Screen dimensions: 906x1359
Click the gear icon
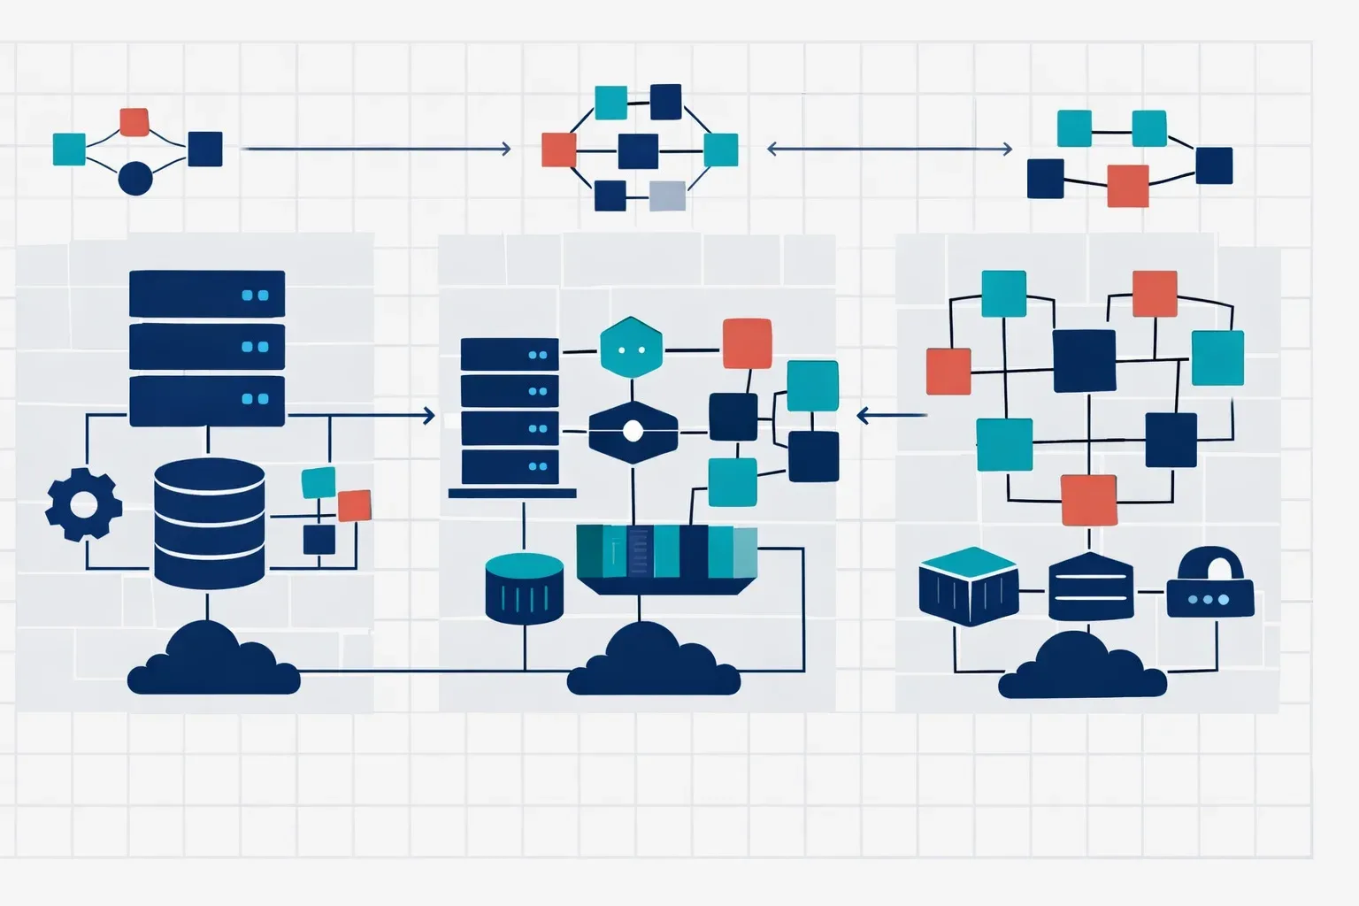click(83, 504)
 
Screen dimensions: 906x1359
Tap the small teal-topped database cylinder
click(525, 587)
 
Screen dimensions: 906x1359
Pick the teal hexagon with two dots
click(631, 347)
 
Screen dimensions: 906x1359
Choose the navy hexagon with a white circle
click(633, 432)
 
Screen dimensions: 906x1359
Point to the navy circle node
click(135, 178)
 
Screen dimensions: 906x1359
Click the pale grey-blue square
click(667, 196)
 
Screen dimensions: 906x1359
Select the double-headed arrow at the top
click(889, 149)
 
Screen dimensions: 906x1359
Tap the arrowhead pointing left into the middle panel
click(864, 415)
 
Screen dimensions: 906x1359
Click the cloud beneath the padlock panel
click(1083, 669)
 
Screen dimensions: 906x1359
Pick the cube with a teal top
click(968, 586)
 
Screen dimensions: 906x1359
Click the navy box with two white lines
click(1090, 587)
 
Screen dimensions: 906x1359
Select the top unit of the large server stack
click(207, 294)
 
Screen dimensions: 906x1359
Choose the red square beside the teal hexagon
click(747, 343)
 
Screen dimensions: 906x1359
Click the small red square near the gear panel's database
click(354, 505)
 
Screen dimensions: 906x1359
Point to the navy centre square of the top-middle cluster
click(638, 150)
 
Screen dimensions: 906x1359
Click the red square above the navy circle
click(134, 122)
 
